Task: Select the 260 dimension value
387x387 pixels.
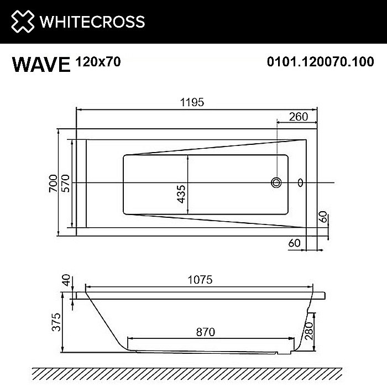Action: click(x=298, y=117)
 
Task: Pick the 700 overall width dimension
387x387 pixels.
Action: click(x=53, y=182)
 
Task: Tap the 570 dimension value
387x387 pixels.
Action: click(x=65, y=182)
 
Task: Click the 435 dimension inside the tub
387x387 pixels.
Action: click(x=182, y=195)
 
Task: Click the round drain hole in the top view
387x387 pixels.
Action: click(x=276, y=182)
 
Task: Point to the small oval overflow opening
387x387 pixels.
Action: click(x=301, y=182)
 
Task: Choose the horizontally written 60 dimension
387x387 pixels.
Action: click(x=294, y=242)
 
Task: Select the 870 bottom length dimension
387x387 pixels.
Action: click(x=205, y=332)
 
